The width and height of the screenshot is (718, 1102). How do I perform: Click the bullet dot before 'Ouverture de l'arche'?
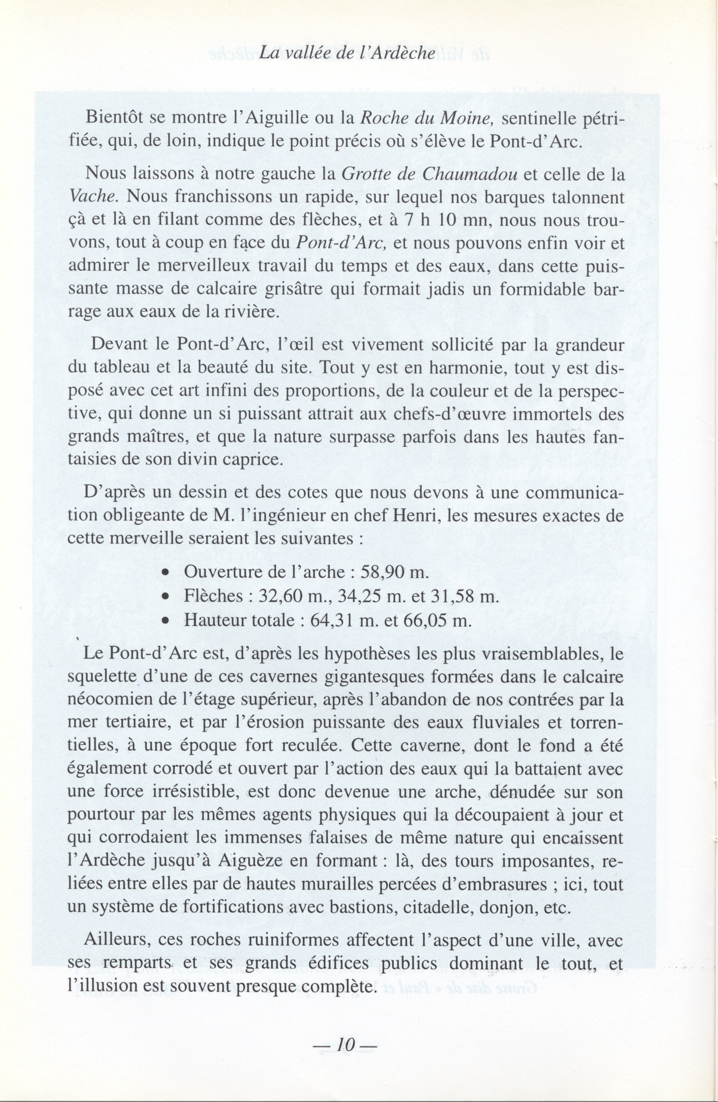[x=165, y=573]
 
